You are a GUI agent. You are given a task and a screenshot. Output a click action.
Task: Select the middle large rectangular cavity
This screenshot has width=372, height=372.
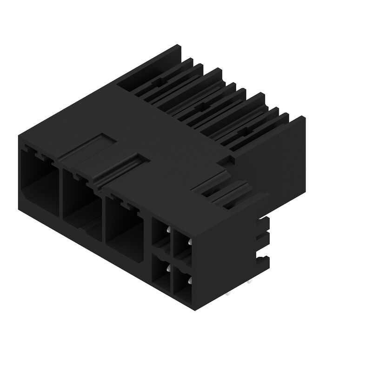coord(81,205)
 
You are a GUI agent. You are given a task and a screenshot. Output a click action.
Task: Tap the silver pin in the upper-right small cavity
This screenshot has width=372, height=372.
coord(190,242)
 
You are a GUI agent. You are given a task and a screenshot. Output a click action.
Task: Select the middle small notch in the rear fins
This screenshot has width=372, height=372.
coord(201,106)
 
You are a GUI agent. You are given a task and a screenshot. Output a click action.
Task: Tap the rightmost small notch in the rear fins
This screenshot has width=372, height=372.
coord(243,132)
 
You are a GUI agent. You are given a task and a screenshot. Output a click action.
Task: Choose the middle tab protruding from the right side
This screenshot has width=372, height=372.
coord(264,239)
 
